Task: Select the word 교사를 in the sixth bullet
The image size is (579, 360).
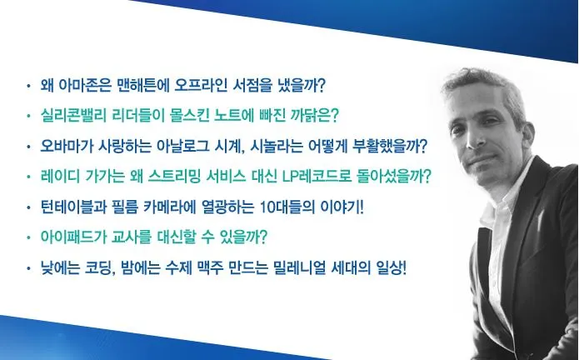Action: pyautogui.click(x=131, y=237)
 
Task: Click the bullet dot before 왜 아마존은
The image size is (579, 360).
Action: pyautogui.click(x=28, y=87)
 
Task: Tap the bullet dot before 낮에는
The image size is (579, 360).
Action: pyautogui.click(x=28, y=268)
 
